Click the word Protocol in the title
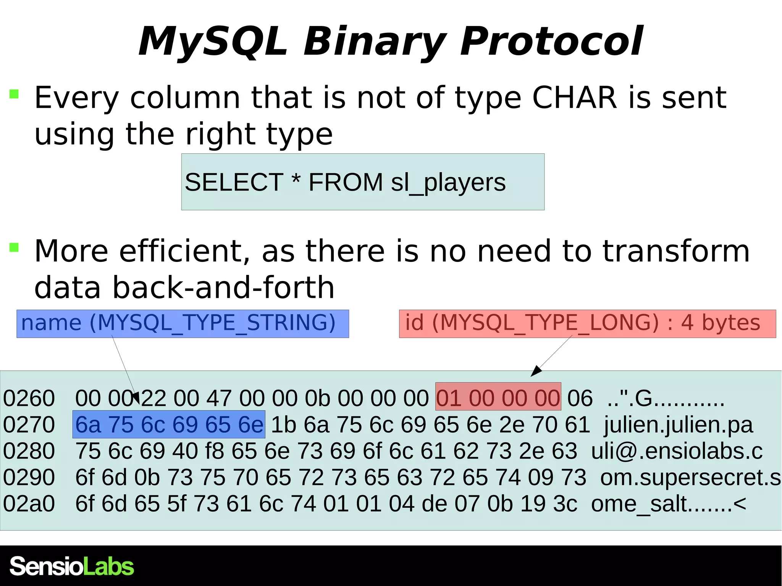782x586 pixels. click(552, 41)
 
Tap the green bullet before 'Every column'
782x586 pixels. click(14, 94)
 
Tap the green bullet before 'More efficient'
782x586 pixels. click(14, 247)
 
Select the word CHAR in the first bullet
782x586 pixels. click(574, 98)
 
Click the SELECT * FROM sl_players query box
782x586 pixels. click(363, 182)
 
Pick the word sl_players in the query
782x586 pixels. click(448, 182)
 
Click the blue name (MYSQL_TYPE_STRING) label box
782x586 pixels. click(183, 324)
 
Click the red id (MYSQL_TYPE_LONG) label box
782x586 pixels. click(587, 324)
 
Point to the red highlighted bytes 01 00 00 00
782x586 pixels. click(498, 397)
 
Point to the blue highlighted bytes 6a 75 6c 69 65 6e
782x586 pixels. click(169, 425)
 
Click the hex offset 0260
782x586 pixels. click(29, 398)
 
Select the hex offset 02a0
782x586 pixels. click(29, 504)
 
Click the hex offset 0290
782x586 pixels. click(29, 477)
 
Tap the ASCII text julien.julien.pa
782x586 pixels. click(678, 425)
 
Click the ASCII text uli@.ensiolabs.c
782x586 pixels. click(677, 451)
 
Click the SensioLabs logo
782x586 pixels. click(72, 566)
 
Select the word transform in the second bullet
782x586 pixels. click(676, 251)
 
